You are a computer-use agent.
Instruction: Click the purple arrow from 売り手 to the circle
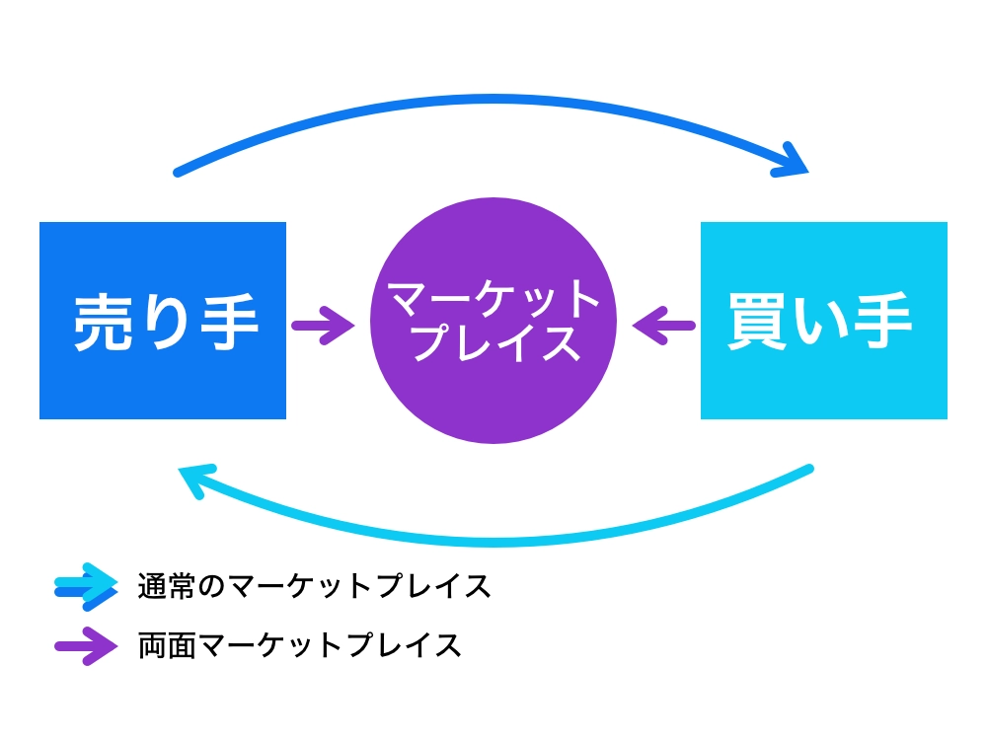(323, 323)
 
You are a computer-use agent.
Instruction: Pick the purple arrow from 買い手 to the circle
(663, 323)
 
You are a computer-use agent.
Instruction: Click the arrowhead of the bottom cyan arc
(191, 481)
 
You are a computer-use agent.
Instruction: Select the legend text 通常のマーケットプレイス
(315, 587)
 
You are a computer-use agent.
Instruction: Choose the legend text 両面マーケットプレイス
(300, 646)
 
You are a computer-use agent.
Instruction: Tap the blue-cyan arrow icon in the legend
(87, 587)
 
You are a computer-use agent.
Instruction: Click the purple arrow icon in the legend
(87, 646)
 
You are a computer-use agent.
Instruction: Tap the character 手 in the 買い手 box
(882, 322)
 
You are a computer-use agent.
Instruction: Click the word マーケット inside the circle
(493, 299)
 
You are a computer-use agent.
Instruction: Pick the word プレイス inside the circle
(493, 343)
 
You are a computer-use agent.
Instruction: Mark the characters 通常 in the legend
(167, 587)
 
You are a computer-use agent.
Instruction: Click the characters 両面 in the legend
(167, 646)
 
